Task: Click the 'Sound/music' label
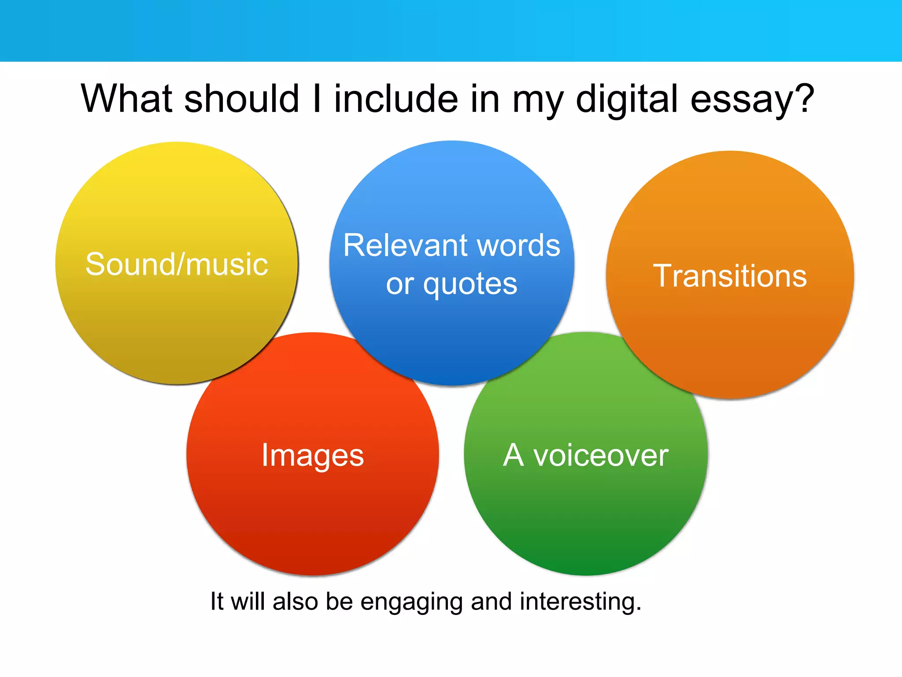(x=177, y=264)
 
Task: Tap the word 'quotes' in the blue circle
(x=470, y=285)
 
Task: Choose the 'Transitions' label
(x=730, y=276)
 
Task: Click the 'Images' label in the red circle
(x=313, y=455)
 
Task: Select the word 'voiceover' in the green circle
(x=601, y=455)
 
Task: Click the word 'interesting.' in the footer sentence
(x=580, y=601)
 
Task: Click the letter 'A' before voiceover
(x=514, y=455)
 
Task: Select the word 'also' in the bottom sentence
(x=295, y=601)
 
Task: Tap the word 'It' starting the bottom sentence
(x=217, y=601)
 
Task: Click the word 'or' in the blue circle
(x=400, y=285)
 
